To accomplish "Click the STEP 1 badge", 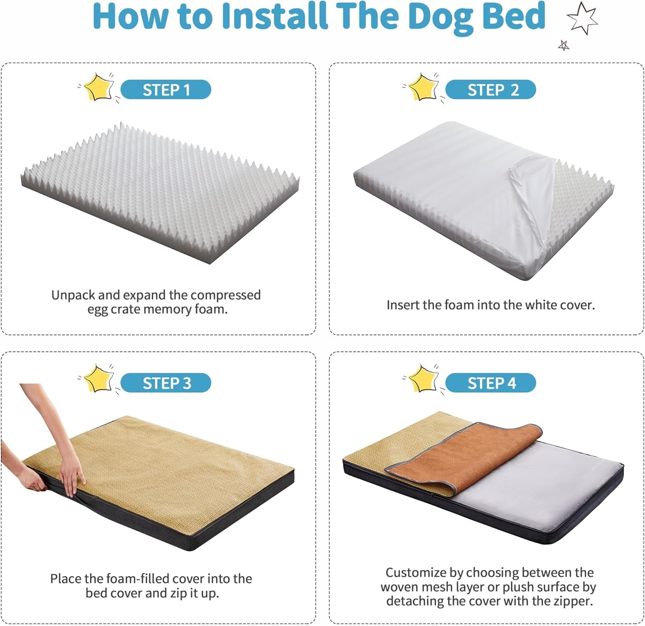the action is point(166,90).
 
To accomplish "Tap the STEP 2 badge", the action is point(491,90).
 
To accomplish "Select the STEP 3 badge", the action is point(166,383).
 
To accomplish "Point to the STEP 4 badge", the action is point(491,383).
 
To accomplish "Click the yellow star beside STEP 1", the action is point(98,87).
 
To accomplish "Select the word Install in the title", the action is point(274,16).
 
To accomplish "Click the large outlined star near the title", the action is point(582,18).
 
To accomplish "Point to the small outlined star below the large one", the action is point(564,45).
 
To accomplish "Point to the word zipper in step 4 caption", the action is point(572,601).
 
